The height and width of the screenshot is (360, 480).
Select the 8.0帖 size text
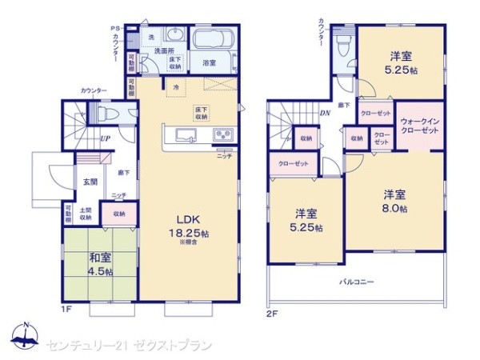point(394,209)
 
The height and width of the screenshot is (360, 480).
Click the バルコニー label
point(357,282)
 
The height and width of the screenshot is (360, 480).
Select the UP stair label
point(105,138)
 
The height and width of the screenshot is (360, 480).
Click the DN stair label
point(326,113)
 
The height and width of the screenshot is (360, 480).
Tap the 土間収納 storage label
point(86,214)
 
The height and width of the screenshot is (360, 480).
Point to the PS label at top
point(114,29)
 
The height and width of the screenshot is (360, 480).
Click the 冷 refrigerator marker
point(175,85)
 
